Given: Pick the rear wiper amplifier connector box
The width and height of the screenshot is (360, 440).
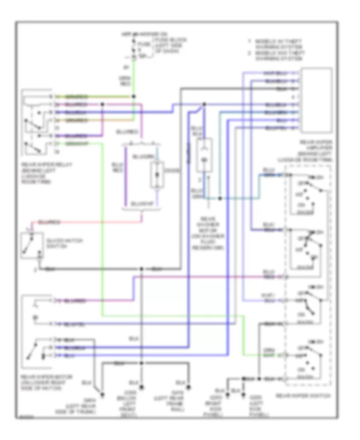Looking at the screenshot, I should pyautogui.click(x=316, y=100).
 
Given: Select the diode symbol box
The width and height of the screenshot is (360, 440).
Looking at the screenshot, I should pyautogui.click(x=157, y=175).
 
